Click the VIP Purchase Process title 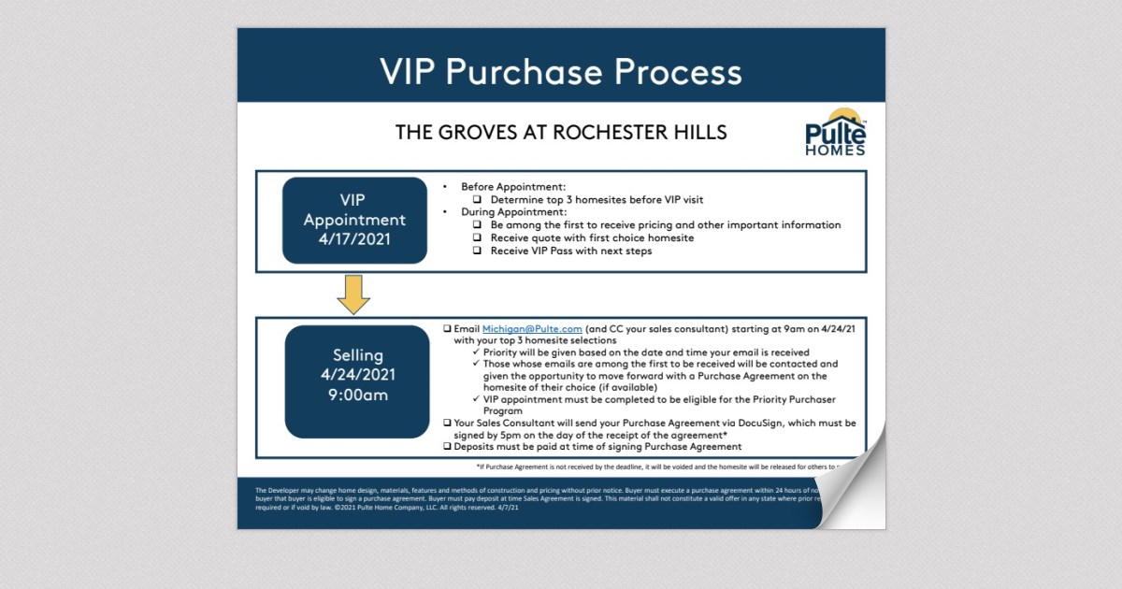point(560,72)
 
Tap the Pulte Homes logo point(835,132)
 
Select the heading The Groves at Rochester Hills point(561,132)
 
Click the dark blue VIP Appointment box point(355,221)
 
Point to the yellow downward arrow point(353,294)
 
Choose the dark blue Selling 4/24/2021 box point(357,381)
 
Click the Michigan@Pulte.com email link point(532,329)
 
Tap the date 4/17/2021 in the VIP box point(355,240)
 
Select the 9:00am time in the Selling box point(357,395)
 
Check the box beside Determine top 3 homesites point(477,200)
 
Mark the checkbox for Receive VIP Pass point(477,251)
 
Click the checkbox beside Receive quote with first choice point(477,238)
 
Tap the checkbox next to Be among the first point(477,225)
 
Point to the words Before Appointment point(513,187)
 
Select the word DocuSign point(755,424)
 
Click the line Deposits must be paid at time point(597,447)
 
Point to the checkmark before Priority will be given point(476,352)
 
